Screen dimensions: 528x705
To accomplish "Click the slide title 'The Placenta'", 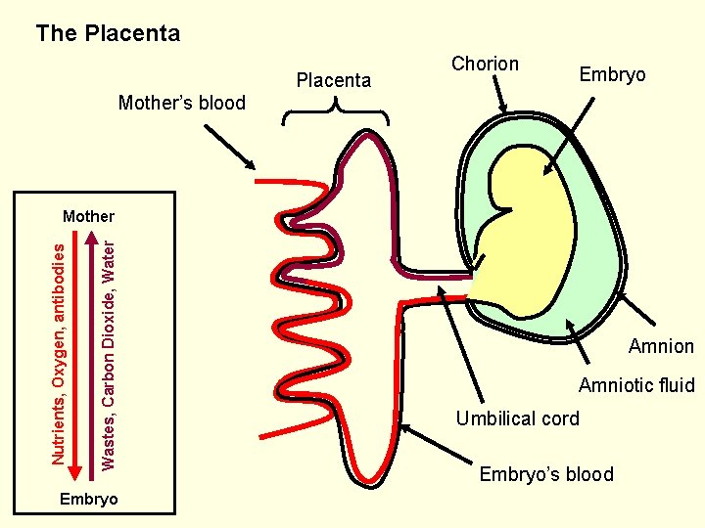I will point(108,33).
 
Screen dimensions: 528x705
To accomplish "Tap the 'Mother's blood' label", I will point(181,103).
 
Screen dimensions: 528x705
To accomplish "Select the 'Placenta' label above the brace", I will point(333,80).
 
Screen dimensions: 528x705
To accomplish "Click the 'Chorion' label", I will point(485,64).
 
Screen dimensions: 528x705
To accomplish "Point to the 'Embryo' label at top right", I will point(612,74).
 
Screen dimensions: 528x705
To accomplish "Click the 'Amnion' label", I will point(661,346).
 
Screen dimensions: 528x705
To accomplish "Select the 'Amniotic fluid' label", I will point(636,385).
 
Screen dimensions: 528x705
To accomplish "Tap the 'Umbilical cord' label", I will point(517,418).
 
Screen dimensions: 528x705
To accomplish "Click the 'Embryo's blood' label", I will point(546,474).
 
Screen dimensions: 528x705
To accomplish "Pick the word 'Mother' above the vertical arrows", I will point(88,216).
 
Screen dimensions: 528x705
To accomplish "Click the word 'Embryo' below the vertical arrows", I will point(88,499).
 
